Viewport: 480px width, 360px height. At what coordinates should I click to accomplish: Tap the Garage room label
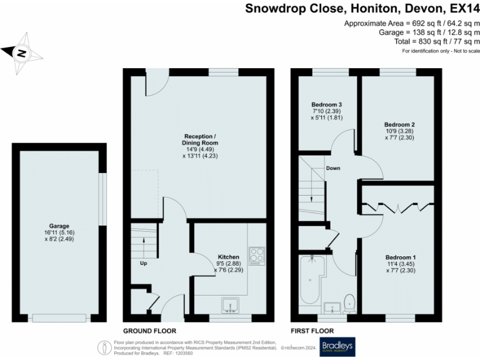point(59,226)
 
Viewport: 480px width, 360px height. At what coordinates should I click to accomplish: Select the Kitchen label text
point(228,257)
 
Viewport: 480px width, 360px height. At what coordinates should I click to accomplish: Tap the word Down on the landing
point(333,168)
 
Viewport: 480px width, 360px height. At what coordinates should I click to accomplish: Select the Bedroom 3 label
point(326,104)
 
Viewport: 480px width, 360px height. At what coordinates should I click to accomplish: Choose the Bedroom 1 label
point(401,257)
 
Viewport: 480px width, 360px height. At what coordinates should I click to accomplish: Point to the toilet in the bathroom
point(351,302)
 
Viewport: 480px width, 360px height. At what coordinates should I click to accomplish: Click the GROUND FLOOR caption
point(149,331)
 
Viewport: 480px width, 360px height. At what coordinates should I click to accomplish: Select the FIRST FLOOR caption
point(312,331)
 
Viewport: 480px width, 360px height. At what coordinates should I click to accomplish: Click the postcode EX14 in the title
point(459,9)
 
